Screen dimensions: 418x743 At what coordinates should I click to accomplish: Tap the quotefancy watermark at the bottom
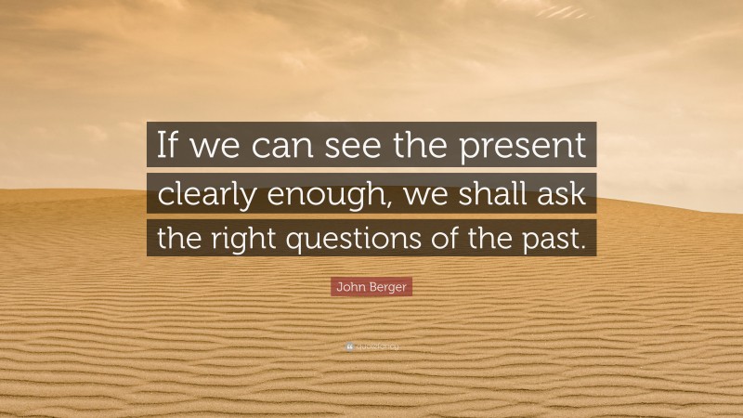tap(371, 346)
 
